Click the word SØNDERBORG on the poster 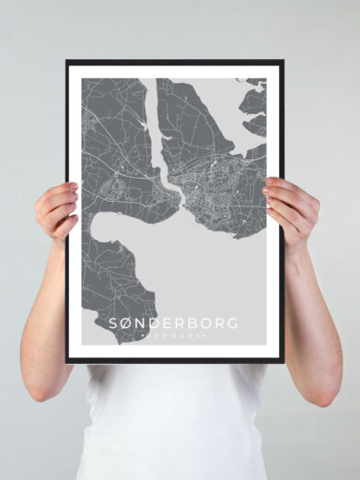click(x=173, y=323)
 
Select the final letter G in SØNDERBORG click(x=232, y=323)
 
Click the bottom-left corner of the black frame click(x=67, y=362)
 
